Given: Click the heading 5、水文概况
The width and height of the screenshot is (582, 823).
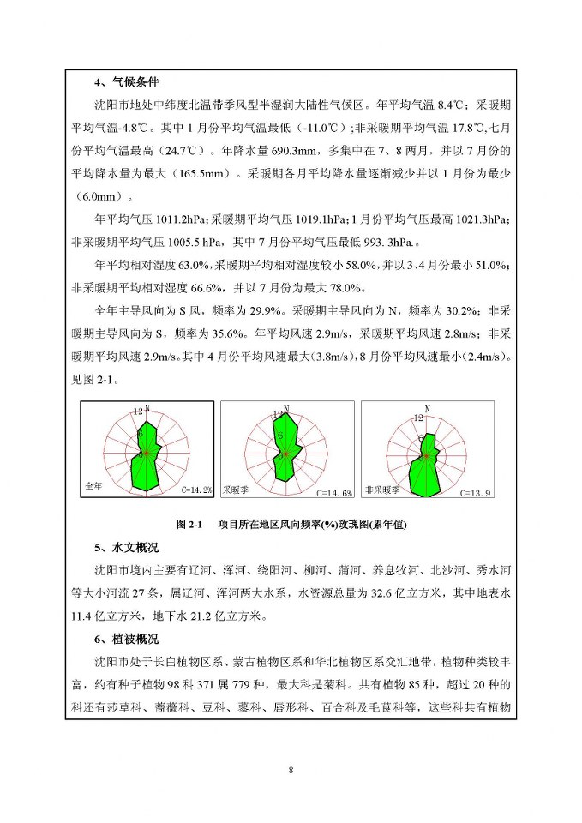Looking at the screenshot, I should (x=126, y=547).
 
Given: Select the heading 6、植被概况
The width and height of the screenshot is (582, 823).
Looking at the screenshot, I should (x=126, y=640).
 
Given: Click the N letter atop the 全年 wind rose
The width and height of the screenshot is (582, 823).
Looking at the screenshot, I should (x=147, y=407).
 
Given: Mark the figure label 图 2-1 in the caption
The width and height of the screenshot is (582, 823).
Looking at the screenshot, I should (x=188, y=525).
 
